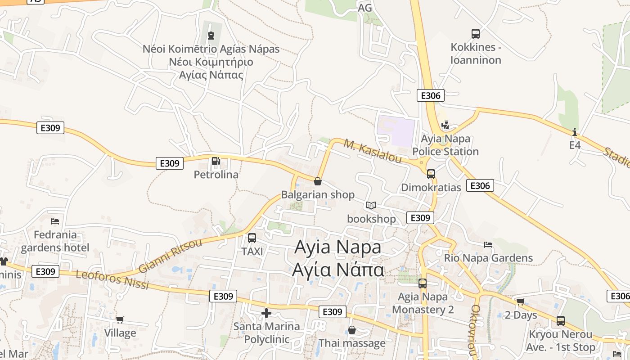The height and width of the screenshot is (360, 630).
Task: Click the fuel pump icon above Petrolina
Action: (216, 161)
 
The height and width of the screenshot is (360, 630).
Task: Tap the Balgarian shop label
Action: (318, 195)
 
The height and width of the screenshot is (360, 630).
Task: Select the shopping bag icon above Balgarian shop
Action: (318, 181)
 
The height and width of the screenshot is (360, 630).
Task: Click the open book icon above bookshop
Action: (371, 206)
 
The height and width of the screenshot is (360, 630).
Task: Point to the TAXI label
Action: (252, 252)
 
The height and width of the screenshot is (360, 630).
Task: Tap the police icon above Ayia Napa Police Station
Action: (445, 125)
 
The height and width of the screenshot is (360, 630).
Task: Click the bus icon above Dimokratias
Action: (431, 174)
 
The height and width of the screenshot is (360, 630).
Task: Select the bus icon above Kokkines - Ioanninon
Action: (476, 34)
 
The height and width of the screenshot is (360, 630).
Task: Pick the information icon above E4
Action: (575, 132)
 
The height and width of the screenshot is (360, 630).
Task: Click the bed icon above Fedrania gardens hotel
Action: (55, 221)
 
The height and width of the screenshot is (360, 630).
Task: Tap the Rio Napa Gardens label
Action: (488, 258)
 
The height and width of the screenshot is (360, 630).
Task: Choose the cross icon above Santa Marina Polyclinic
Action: (266, 313)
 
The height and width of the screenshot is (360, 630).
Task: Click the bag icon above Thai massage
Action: (352, 330)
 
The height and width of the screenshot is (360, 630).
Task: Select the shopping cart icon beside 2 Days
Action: (521, 301)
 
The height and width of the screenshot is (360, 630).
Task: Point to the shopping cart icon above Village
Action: (120, 319)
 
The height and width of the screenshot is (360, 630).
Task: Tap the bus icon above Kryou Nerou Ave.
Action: (561, 321)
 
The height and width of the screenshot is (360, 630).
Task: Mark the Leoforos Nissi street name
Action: (112, 279)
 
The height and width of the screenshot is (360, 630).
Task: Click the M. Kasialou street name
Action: (373, 151)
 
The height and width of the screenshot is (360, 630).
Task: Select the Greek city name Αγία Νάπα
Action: (338, 270)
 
